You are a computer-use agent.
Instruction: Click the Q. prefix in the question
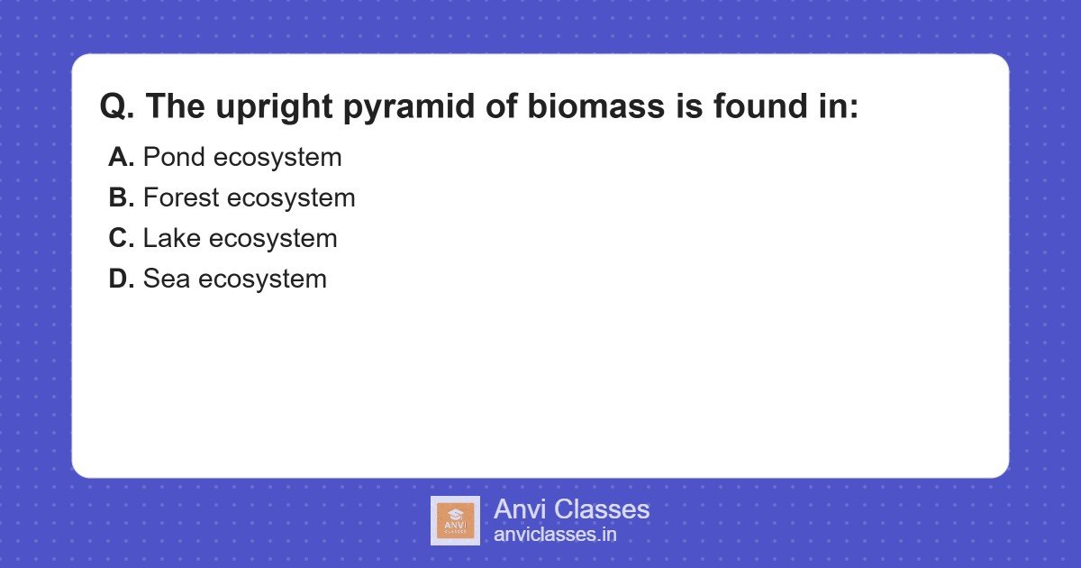(x=118, y=107)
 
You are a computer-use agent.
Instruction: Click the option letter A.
(x=121, y=158)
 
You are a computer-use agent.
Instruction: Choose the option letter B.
(x=121, y=198)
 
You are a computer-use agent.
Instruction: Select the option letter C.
(x=121, y=239)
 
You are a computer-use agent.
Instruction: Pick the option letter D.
(x=121, y=279)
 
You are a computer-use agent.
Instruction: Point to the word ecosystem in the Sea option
(x=262, y=279)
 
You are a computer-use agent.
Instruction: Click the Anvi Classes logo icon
(x=455, y=521)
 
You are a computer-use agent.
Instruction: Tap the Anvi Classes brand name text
(x=571, y=509)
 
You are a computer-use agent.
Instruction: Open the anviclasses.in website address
(x=555, y=535)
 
